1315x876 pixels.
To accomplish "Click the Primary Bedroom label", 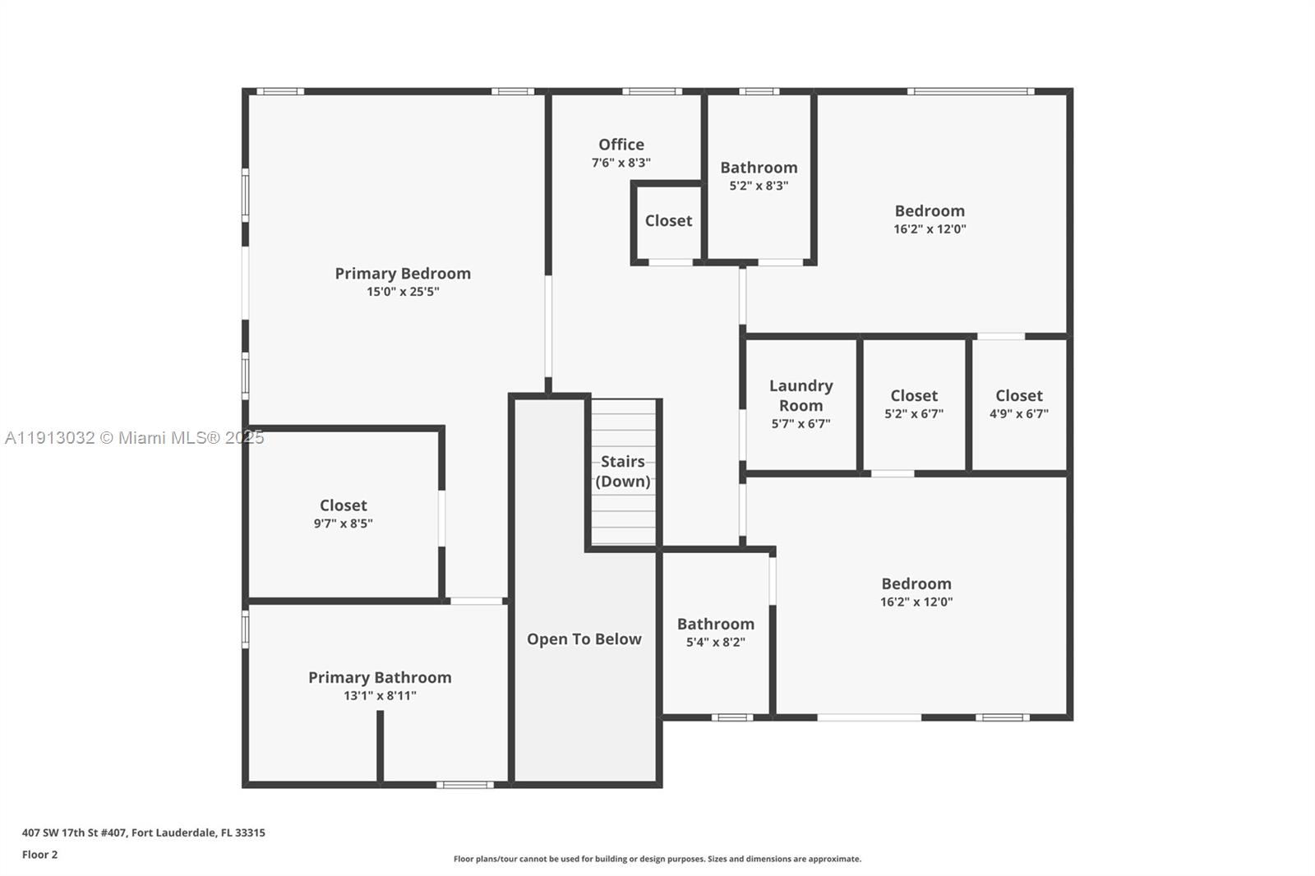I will click(x=403, y=274).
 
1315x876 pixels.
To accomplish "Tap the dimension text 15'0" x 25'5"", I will click(x=403, y=292).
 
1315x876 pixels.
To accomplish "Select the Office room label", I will click(x=621, y=145).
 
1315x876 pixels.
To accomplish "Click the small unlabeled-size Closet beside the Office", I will click(x=668, y=221).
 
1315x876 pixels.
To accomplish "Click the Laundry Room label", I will click(x=801, y=395).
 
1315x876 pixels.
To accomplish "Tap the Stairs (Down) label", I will click(x=623, y=471).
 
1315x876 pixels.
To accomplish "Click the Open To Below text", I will click(x=584, y=639).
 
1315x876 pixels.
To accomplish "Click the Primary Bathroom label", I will click(x=380, y=678).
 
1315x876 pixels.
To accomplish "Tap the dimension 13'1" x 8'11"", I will click(x=380, y=696).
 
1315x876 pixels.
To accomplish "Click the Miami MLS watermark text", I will click(x=134, y=438).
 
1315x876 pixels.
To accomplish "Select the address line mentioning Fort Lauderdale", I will click(x=143, y=832).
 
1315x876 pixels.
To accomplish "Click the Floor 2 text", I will click(x=39, y=855).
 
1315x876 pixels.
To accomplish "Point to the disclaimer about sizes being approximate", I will click(x=657, y=859).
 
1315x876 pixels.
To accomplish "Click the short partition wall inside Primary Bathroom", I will click(x=380, y=746).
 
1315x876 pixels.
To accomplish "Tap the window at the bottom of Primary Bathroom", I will click(x=465, y=785).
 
